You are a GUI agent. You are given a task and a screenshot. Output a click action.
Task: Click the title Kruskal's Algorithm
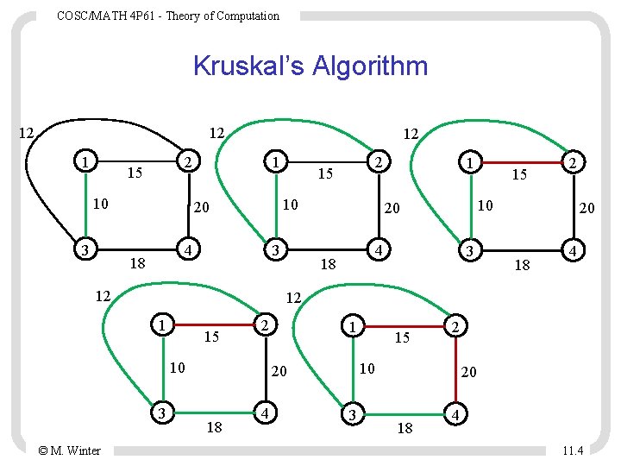[x=310, y=66]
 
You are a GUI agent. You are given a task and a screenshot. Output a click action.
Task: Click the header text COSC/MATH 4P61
[x=168, y=16]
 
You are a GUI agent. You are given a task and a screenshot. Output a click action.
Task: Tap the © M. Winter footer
[x=70, y=450]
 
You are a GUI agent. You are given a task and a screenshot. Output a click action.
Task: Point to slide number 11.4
[x=572, y=450]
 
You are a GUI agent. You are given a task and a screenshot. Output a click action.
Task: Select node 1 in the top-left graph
[x=84, y=161]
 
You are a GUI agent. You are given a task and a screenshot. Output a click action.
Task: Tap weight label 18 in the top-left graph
[x=136, y=262]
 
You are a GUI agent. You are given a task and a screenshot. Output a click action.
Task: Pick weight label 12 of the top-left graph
[x=26, y=133]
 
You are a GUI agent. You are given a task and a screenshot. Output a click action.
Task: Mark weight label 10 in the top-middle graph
[x=290, y=204]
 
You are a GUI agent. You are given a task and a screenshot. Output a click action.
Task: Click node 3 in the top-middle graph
[x=273, y=249]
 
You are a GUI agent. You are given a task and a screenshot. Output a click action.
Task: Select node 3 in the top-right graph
[x=467, y=249]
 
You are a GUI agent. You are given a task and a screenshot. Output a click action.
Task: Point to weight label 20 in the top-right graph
[x=586, y=208]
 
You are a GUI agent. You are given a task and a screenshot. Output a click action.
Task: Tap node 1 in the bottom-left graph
[x=161, y=325]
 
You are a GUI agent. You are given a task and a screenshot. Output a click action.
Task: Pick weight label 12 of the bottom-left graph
[x=103, y=296]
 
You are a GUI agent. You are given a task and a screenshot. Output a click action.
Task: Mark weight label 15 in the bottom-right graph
[x=402, y=338]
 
